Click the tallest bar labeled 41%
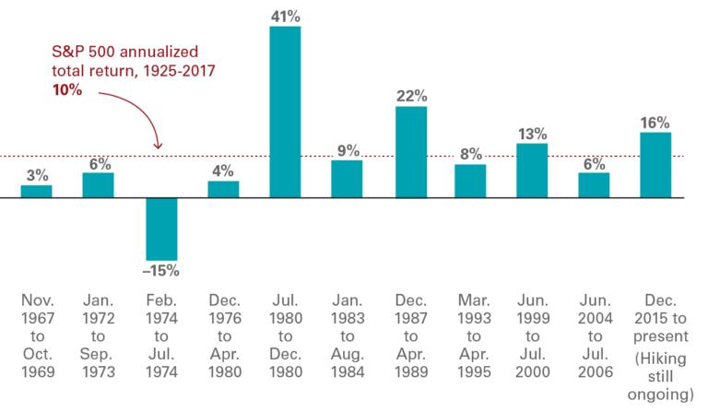tap(285, 111)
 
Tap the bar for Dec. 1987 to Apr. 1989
tap(411, 151)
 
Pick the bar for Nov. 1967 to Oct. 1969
tap(37, 190)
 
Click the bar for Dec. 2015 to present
tap(655, 164)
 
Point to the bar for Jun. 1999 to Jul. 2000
tap(532, 170)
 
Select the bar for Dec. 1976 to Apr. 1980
tap(223, 188)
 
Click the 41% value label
tap(285, 15)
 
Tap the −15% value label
tap(161, 271)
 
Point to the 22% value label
tap(411, 96)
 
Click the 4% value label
tap(223, 170)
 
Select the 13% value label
tap(532, 133)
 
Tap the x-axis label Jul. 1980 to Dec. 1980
tap(285, 336)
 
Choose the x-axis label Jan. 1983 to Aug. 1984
tap(347, 336)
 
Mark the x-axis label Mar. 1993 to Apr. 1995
tap(470, 336)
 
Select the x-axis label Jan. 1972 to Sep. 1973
tap(99, 336)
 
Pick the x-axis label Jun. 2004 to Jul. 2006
tap(593, 336)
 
